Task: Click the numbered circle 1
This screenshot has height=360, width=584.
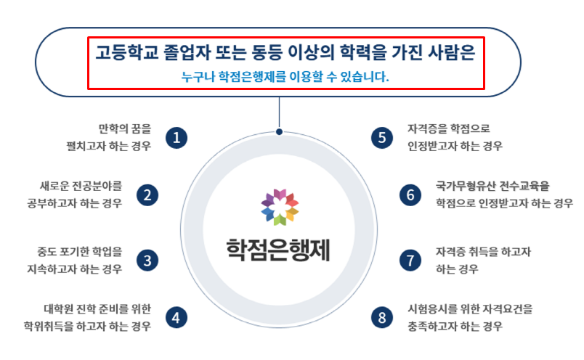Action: tap(177, 138)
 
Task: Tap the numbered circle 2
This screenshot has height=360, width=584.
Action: tap(147, 195)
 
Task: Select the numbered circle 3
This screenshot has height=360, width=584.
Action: tap(147, 261)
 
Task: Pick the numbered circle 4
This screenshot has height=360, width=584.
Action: tap(177, 318)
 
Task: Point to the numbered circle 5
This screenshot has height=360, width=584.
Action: tap(382, 138)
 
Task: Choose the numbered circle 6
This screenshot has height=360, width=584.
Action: tap(410, 195)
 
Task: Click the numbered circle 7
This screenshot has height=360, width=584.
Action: tap(410, 261)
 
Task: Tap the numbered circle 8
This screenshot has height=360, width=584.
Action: tap(382, 318)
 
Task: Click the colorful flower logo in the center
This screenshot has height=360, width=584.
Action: tap(280, 207)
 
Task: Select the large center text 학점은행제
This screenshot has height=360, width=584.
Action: tap(278, 250)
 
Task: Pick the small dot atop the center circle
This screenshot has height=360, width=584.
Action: tap(280, 132)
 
